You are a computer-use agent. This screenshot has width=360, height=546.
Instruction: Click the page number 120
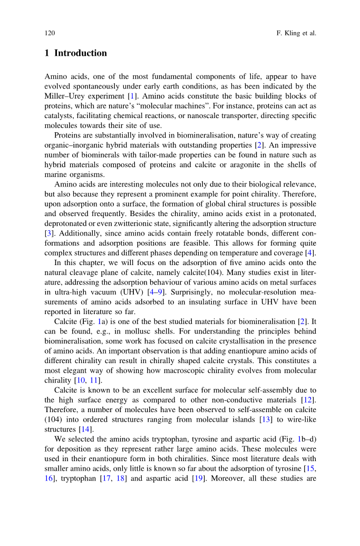pos(50,33)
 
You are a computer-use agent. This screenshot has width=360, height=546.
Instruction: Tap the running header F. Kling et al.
pos(296,33)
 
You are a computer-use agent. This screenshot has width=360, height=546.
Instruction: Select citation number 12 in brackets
pos(310,400)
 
